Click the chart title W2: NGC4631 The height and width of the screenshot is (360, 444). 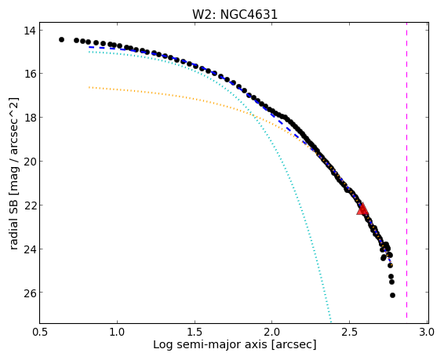click(x=235, y=14)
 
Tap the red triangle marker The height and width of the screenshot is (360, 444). click(x=362, y=209)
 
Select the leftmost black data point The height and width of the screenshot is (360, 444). click(x=61, y=40)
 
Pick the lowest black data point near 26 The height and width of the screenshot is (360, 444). click(x=392, y=295)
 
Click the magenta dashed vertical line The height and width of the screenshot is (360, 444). click(x=406, y=173)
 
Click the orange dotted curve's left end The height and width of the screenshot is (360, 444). click(x=89, y=87)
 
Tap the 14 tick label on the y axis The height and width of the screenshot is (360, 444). click(x=30, y=31)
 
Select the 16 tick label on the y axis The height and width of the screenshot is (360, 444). click(x=30, y=74)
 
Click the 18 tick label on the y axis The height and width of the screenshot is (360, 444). click(x=30, y=117)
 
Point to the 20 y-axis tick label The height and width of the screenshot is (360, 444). click(x=30, y=162)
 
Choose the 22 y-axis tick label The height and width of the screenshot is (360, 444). click(x=30, y=205)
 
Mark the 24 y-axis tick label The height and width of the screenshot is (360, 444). click(x=30, y=249)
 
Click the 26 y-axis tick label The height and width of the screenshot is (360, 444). click(x=30, y=293)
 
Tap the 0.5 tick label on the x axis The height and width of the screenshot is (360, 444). click(x=40, y=332)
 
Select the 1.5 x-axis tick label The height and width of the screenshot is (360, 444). click(x=195, y=332)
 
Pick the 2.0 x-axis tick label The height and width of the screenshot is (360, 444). click(x=272, y=332)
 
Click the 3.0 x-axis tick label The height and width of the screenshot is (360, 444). click(x=427, y=332)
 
